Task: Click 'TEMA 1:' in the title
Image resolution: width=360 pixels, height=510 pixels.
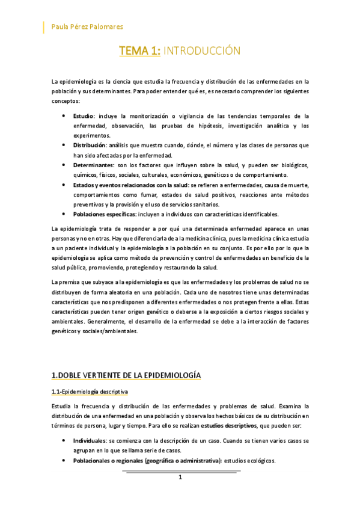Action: tap(139, 51)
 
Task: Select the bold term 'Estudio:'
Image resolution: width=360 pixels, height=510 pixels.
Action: tap(84, 116)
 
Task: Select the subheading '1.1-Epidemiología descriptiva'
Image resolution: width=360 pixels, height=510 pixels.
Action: tap(90, 392)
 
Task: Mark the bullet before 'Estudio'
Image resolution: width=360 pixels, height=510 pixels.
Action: tap(64, 116)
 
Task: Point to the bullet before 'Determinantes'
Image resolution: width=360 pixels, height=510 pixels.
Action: tap(64, 165)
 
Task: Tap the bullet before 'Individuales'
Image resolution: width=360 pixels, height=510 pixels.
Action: tap(64, 441)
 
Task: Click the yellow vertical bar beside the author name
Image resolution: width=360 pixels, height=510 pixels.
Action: tap(44, 26)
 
